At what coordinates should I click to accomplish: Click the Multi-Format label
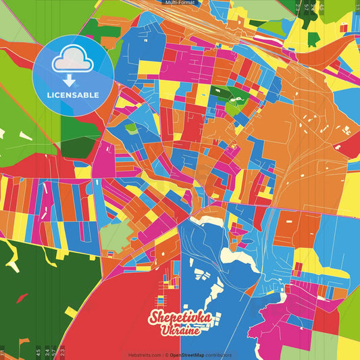[180, 3]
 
